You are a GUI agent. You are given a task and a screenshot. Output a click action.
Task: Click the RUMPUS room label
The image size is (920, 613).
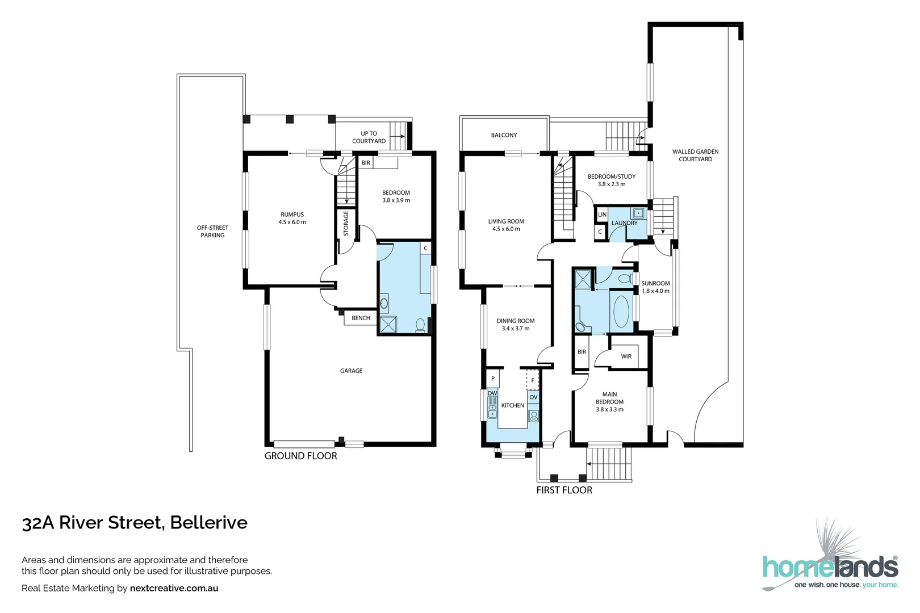292,215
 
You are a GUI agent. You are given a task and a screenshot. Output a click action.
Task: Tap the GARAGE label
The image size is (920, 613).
351,371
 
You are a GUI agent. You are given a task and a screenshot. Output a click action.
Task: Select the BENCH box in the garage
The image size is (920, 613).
361,318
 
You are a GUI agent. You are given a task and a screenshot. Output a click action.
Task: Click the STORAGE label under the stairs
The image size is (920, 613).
346,224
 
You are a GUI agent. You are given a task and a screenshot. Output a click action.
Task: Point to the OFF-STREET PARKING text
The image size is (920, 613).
212,232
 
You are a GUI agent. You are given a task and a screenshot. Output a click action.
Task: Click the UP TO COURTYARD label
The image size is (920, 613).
369,137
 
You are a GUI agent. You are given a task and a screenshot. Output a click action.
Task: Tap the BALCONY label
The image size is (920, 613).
504,135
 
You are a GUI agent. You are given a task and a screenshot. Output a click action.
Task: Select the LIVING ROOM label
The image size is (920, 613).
506,221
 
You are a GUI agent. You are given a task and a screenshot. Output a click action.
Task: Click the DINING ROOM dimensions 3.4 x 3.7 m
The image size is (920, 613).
516,329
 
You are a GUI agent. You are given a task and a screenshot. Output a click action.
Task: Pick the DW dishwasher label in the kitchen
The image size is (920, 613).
492,393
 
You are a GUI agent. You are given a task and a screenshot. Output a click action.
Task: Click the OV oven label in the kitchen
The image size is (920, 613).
533,397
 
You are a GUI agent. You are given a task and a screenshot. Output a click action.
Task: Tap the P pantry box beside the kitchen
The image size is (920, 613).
493,379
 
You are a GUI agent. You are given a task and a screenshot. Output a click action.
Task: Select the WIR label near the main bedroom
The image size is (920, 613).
626,356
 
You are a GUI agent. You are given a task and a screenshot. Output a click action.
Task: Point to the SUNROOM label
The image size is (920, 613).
655,283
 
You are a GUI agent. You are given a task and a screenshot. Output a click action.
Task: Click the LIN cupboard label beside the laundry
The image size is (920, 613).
602,215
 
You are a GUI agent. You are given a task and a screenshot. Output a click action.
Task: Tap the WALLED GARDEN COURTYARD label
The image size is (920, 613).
695,156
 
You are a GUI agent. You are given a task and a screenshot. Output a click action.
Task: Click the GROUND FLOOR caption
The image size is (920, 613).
300,456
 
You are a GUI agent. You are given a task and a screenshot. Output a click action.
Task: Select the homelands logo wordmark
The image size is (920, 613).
830,567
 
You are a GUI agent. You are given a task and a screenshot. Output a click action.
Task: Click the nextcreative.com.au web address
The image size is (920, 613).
174,588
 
